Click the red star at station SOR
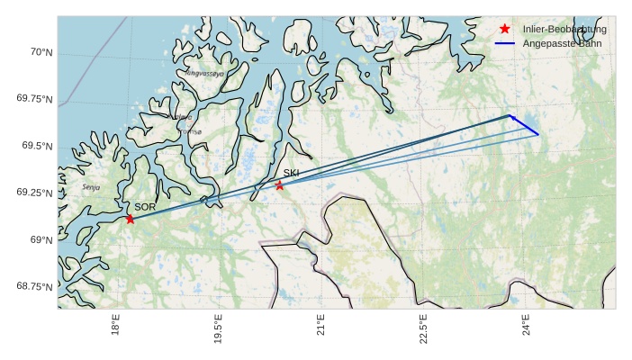point(131,219)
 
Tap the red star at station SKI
point(279,185)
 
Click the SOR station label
point(145,207)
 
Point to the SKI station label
point(291,173)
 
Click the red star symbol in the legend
point(505,29)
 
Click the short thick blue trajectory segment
point(525,125)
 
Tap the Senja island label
point(91,187)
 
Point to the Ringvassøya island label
point(204,73)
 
